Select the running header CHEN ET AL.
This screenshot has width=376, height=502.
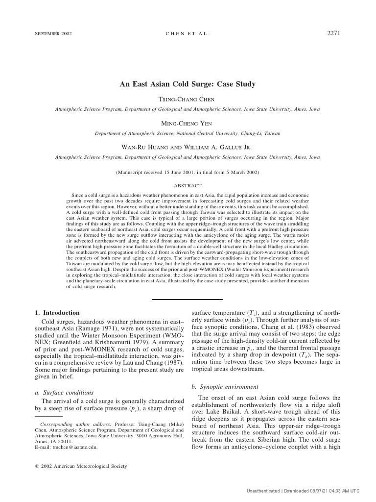pyautogui.click(x=188, y=34)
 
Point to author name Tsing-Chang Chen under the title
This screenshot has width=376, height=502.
pyautogui.click(x=188, y=100)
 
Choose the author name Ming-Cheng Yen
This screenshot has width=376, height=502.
pyautogui.click(x=188, y=124)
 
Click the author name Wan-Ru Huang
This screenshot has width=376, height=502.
pyautogui.click(x=144, y=148)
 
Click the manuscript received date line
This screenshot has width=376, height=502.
pyautogui.click(x=188, y=173)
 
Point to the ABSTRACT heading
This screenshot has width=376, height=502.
pyautogui.click(x=188, y=186)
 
